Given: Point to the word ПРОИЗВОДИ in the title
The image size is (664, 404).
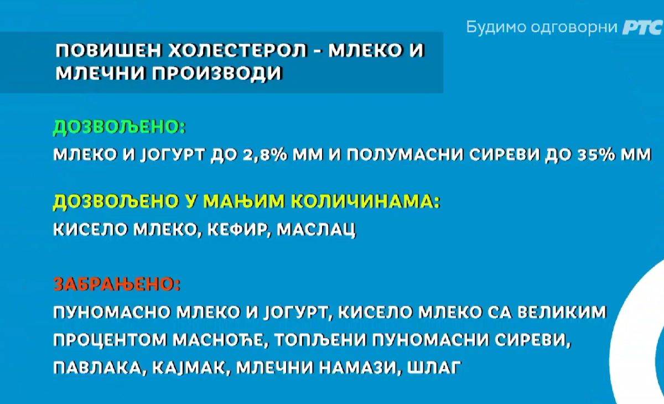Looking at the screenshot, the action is click(x=217, y=73).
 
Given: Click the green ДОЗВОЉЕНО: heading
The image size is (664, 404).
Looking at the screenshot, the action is click(x=120, y=128).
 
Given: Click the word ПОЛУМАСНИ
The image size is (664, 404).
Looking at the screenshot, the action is click(x=404, y=155).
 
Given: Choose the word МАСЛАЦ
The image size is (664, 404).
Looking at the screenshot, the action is click(x=316, y=230).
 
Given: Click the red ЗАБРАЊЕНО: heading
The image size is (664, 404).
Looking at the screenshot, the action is click(x=117, y=284).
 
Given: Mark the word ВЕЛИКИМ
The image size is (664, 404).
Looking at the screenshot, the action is click(x=562, y=313).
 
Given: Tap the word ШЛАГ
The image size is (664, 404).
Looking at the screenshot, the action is click(x=434, y=368).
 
